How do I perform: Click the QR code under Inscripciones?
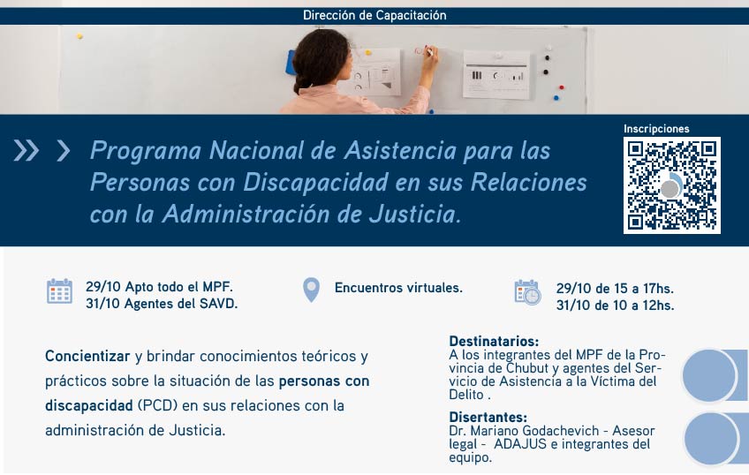point(671,185)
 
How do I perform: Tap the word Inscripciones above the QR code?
point(656,129)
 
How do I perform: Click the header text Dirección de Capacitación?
point(374,15)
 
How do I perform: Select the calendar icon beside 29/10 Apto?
point(60,290)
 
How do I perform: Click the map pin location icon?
point(312,290)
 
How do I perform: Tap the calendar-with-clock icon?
point(527,292)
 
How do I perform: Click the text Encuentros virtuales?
point(398,288)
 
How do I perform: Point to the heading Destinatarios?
point(494,342)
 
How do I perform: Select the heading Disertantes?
point(488,418)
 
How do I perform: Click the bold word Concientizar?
point(87,356)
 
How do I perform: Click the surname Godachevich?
point(560,431)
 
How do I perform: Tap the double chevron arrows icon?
point(26,150)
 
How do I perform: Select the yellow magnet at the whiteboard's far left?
point(79,36)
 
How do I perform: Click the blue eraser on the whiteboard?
point(291,63)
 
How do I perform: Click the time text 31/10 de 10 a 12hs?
point(616,305)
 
